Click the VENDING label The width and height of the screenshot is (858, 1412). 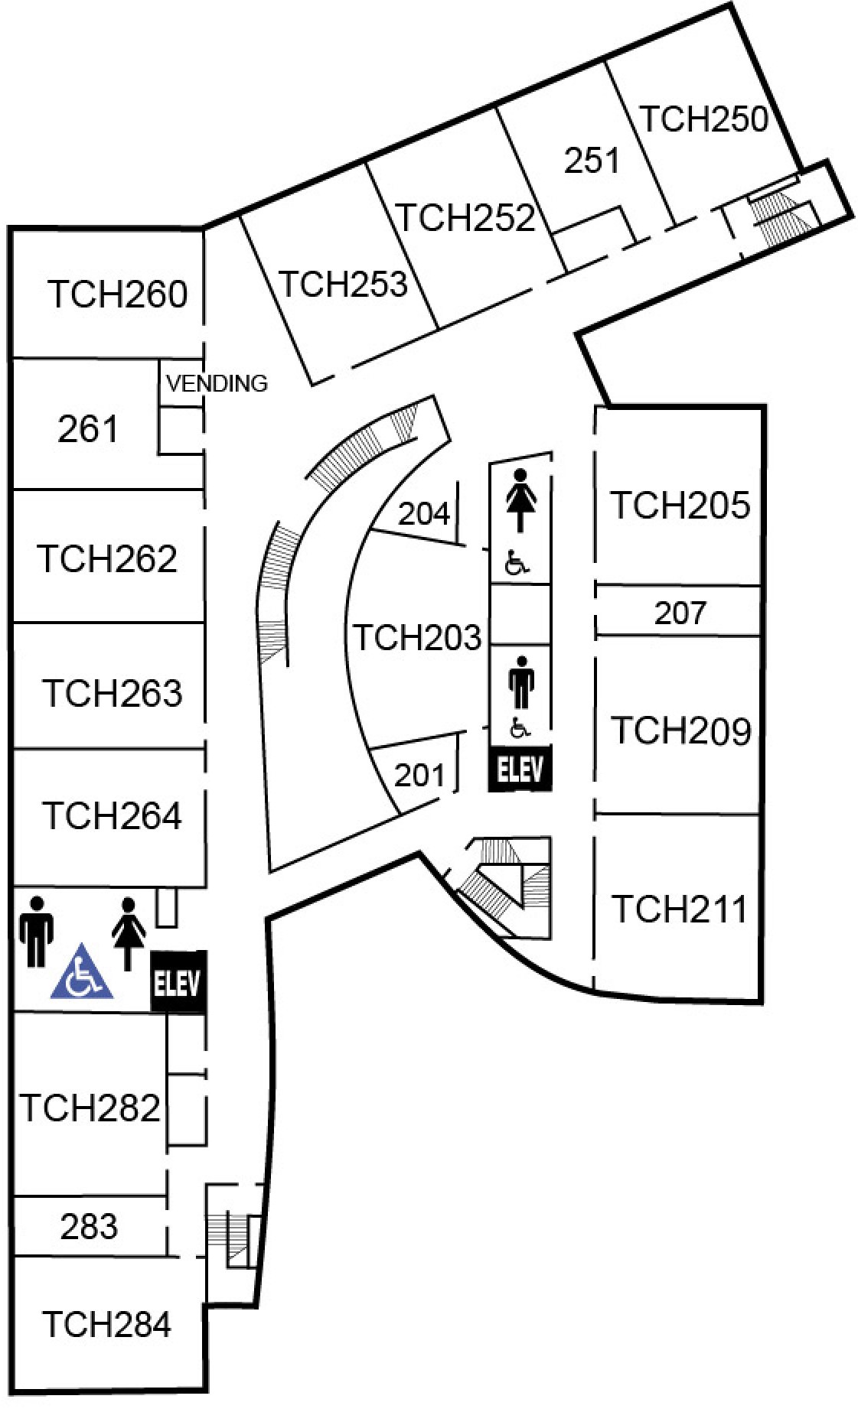[217, 382]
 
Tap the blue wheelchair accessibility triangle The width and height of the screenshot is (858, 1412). [82, 974]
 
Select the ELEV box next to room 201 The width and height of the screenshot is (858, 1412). [520, 769]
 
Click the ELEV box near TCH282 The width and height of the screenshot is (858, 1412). [178, 982]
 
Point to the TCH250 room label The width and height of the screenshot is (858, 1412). [703, 119]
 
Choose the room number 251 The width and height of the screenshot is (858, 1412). [591, 161]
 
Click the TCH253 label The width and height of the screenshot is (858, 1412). [343, 284]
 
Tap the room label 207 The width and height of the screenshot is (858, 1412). [680, 613]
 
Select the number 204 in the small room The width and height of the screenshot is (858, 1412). [424, 513]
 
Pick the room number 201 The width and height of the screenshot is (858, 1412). [419, 775]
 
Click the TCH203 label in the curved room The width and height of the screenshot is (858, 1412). [416, 637]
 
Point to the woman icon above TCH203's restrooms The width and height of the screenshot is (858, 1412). [520, 499]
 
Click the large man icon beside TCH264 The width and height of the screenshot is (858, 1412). [36, 930]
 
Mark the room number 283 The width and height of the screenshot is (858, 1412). [89, 1226]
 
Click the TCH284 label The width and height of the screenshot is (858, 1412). [106, 1324]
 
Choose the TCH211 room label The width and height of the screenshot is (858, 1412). [679, 909]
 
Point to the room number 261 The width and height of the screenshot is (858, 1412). [89, 428]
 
